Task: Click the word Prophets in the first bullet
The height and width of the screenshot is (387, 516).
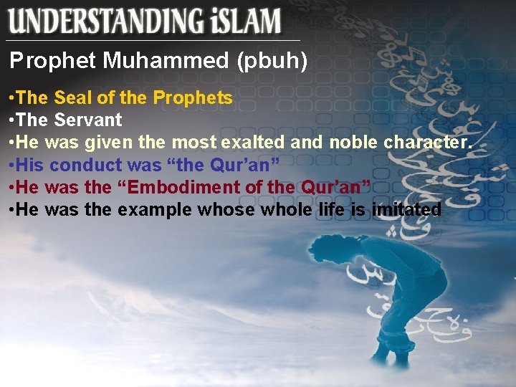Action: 196,98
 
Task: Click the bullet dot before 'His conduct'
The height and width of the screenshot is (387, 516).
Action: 12,165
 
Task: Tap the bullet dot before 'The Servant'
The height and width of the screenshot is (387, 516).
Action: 12,120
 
